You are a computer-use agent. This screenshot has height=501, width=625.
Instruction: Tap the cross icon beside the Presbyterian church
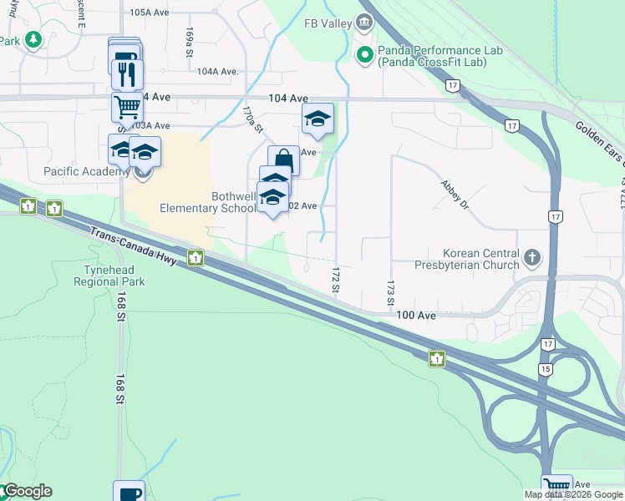pyautogui.click(x=531, y=258)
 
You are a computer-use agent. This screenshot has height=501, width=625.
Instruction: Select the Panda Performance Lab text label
pyautogui.click(x=440, y=56)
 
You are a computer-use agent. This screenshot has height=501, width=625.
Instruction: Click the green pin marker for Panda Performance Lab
pyautogui.click(x=364, y=56)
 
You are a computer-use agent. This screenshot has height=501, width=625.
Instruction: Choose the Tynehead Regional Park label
pyautogui.click(x=114, y=276)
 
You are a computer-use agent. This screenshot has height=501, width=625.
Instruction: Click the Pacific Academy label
pyautogui.click(x=84, y=171)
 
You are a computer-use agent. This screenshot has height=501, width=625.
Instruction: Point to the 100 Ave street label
pyautogui.click(x=416, y=315)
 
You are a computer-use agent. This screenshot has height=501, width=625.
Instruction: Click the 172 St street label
pyautogui.click(x=335, y=280)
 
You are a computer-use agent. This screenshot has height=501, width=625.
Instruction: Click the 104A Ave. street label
pyautogui.click(x=218, y=72)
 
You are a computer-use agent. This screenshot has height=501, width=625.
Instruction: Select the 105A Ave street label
pyautogui.click(x=150, y=13)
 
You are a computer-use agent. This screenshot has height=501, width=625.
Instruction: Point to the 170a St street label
pyautogui.click(x=252, y=119)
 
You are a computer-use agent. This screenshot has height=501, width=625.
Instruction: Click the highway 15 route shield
pyautogui.click(x=546, y=368)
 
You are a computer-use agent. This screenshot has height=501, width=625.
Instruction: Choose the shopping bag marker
pyautogui.click(x=283, y=159)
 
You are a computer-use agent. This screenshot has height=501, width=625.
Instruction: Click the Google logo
pyautogui.click(x=27, y=491)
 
